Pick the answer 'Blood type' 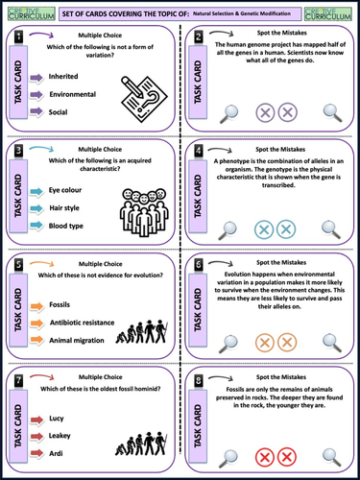66,227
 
